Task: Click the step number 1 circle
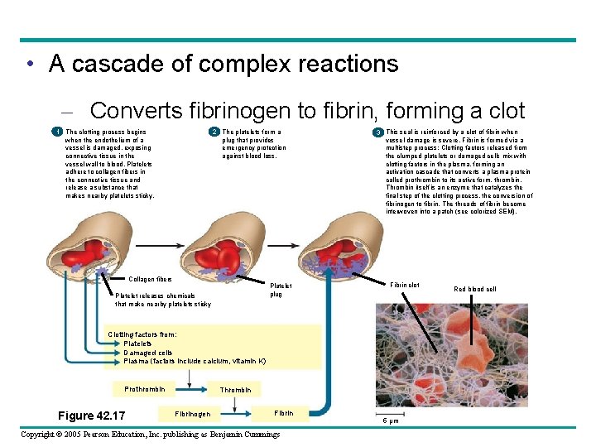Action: tap(56, 132)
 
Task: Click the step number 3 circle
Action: tap(377, 132)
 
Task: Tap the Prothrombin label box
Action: tap(145, 389)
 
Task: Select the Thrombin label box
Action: tap(235, 390)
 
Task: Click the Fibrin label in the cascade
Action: tap(283, 412)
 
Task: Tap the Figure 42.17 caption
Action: tap(91, 416)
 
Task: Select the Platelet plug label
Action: tap(281, 290)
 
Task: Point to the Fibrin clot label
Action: tap(405, 285)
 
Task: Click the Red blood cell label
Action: tap(475, 289)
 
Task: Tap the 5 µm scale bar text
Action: tap(390, 421)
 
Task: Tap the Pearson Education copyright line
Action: tap(151, 435)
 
